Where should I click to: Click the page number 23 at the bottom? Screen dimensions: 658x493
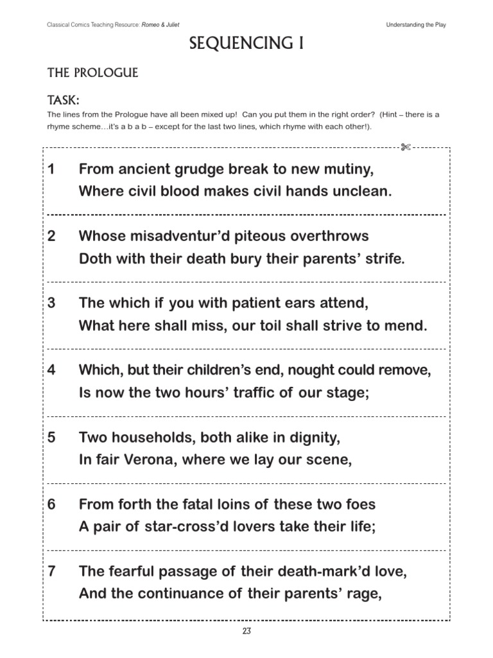[246, 631]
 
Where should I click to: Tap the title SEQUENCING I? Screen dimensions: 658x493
[246, 44]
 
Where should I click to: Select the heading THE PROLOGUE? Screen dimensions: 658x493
[92, 73]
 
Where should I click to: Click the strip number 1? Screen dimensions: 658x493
[51, 170]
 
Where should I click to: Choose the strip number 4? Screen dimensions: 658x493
[51, 371]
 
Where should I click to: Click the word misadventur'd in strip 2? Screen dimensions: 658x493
[178, 236]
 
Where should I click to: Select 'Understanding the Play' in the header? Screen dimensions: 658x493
[416, 24]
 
